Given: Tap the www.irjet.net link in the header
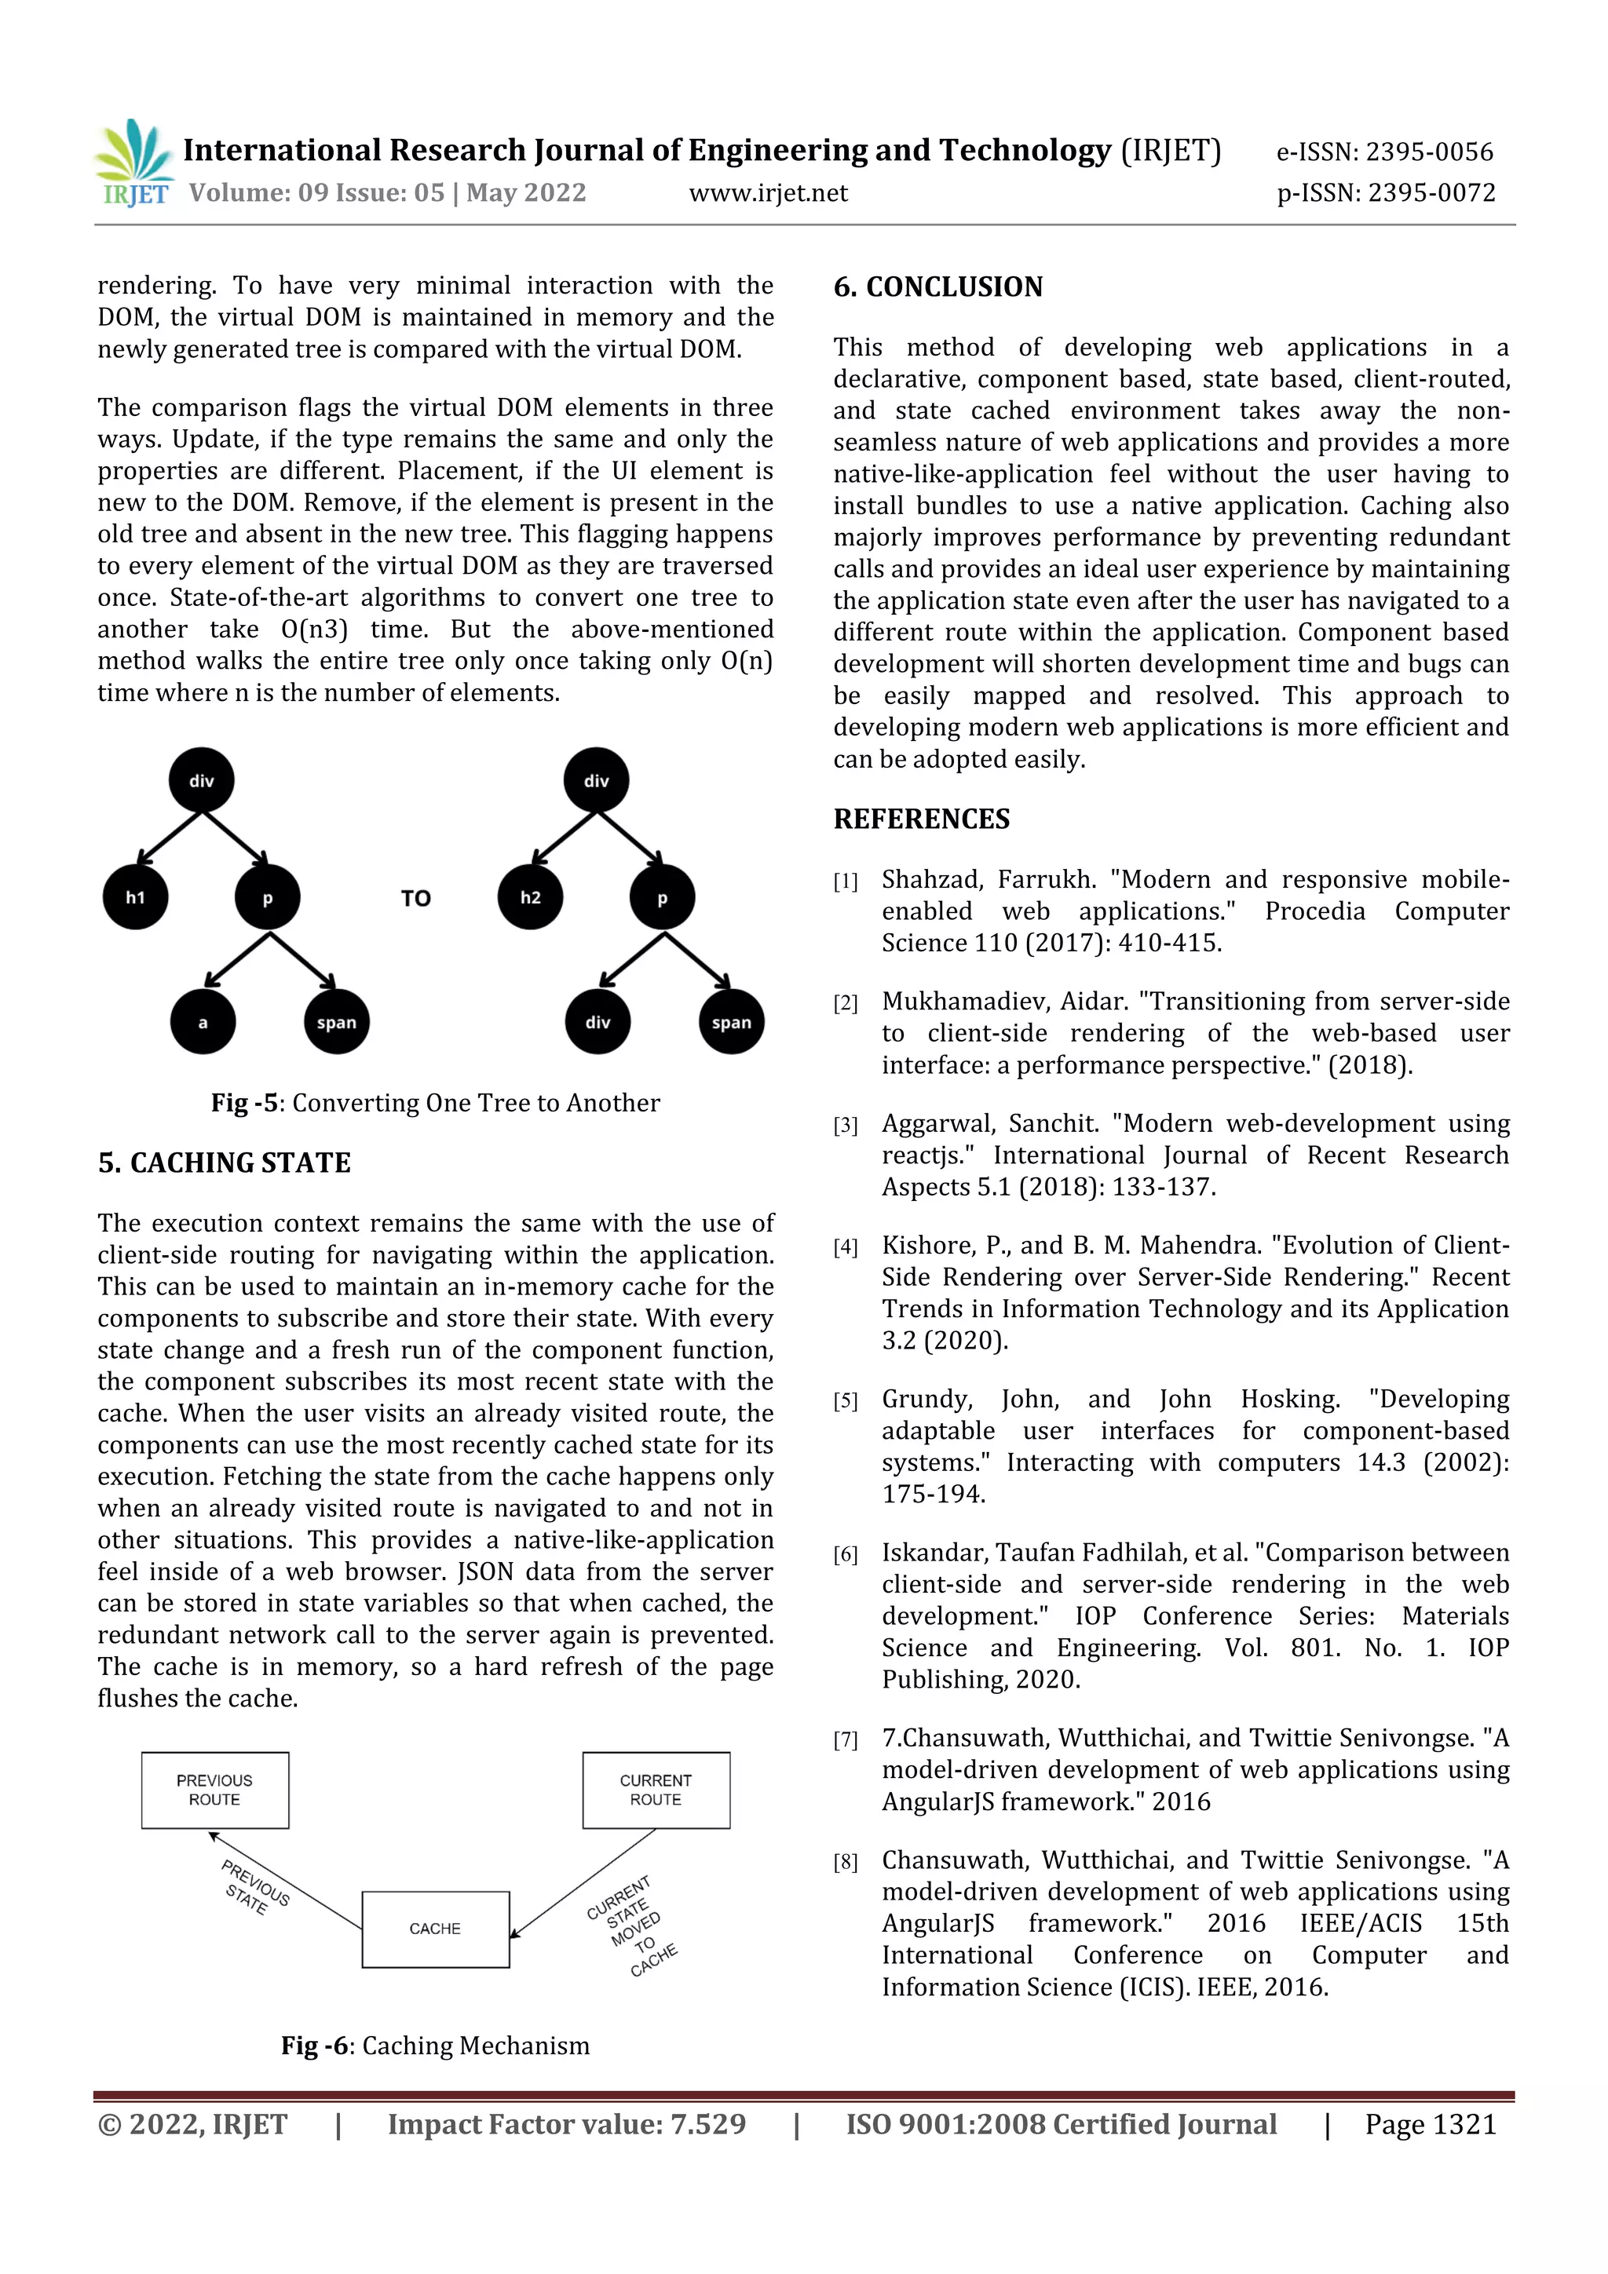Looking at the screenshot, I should click(x=768, y=193).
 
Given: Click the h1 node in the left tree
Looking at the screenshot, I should click(x=136, y=897).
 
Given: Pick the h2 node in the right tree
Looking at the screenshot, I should click(x=531, y=897).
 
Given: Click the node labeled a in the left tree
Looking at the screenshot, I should click(x=203, y=1022).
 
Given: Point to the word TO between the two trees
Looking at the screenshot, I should click(x=416, y=898).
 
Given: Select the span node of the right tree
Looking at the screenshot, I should click(x=731, y=1022).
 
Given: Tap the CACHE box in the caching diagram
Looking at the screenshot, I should click(x=435, y=1929).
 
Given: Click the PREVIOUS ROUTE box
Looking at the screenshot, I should click(x=215, y=1790).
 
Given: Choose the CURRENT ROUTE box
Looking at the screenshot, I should click(x=656, y=1790).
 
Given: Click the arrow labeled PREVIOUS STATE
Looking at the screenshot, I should click(x=285, y=1880).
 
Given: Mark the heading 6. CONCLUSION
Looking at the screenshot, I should click(x=937, y=287).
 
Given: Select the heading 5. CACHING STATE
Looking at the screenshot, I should click(x=224, y=1163).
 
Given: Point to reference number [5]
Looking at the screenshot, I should click(x=845, y=1400).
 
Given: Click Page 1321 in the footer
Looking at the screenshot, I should click(x=1430, y=2123).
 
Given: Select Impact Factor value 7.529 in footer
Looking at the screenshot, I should click(x=566, y=2123).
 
